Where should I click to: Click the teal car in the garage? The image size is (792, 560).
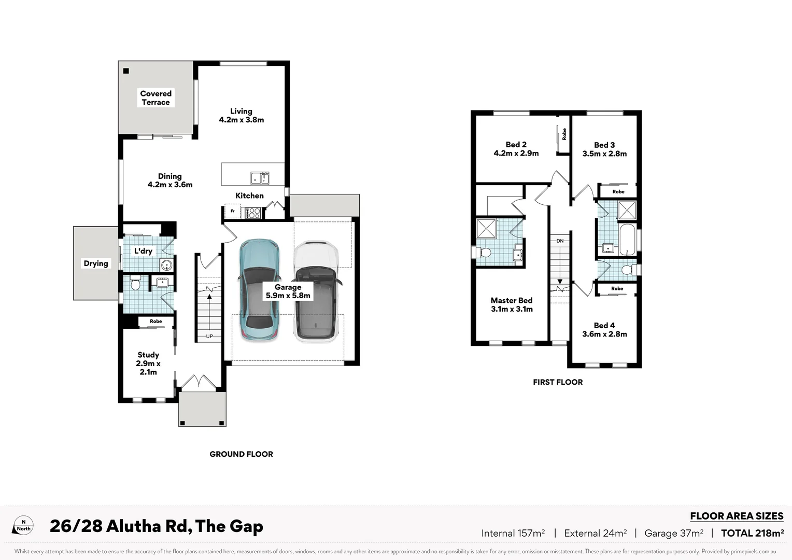tap(259, 290)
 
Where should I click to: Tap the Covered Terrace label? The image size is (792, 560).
tap(155, 98)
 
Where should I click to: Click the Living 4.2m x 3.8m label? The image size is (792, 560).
tap(241, 116)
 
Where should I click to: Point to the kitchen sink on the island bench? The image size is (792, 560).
tap(260, 178)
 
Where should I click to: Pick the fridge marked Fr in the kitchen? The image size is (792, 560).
tap(232, 212)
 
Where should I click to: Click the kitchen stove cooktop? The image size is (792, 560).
tap(253, 212)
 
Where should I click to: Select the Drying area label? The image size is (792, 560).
tap(96, 263)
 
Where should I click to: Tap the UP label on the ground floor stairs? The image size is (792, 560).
tap(209, 337)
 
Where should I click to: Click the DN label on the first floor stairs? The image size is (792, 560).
tap(560, 241)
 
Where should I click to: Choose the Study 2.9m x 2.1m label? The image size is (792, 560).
tap(148, 363)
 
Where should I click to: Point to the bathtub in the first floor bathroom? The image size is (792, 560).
tap(627, 240)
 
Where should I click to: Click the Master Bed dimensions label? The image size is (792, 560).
tap(512, 305)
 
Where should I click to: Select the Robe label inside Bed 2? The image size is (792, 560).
tap(564, 134)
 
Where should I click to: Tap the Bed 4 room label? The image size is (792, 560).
tap(604, 330)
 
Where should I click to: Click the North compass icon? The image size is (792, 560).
tap(24, 526)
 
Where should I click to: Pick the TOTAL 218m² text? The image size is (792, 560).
tap(752, 533)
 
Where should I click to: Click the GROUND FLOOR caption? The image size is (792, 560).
tap(241, 454)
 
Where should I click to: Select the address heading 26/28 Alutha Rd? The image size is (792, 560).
tap(156, 526)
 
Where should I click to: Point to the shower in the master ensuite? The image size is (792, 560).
tap(486, 229)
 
